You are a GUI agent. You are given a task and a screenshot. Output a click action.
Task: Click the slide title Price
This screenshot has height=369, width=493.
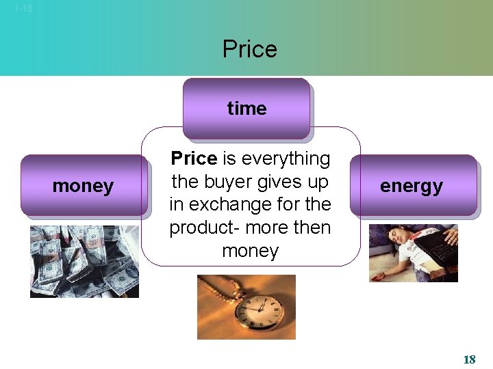(x=249, y=49)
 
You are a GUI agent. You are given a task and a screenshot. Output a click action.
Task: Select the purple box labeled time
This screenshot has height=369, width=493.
(x=246, y=108)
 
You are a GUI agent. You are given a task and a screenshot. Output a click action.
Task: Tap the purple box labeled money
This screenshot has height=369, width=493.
(x=83, y=186)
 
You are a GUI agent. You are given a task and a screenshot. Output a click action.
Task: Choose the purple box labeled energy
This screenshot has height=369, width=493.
(x=412, y=186)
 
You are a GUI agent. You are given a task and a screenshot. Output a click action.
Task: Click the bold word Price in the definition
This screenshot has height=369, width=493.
(x=194, y=159)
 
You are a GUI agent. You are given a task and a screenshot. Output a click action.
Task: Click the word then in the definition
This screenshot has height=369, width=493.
(x=312, y=228)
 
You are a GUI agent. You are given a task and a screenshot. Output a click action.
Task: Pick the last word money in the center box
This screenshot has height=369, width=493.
(x=250, y=251)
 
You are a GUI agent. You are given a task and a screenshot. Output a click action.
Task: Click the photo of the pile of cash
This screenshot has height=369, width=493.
(x=84, y=261)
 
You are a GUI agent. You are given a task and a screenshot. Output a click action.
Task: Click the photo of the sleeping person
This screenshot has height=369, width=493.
(x=413, y=253)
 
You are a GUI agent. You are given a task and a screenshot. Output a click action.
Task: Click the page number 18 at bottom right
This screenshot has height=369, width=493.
(x=469, y=359)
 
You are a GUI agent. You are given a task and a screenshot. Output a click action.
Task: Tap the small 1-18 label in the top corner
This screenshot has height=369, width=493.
(x=23, y=9)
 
